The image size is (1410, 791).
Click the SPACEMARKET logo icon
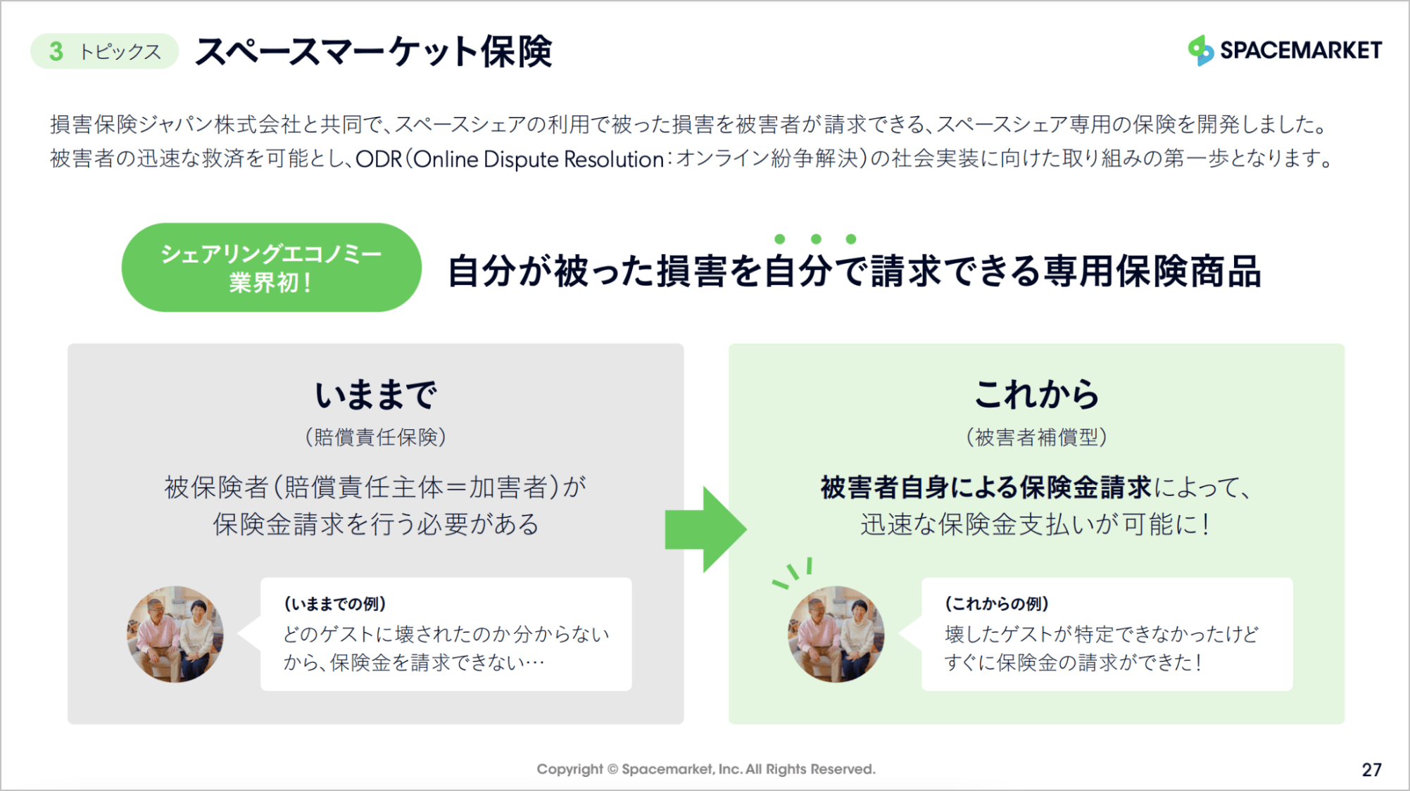[x=1200, y=50]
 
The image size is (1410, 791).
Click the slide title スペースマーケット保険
[x=373, y=51]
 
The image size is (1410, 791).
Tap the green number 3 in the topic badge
[x=56, y=51]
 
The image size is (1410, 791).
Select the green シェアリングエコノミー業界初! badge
[x=271, y=267]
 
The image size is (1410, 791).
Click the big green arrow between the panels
[x=705, y=529]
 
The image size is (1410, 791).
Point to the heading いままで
[x=375, y=394]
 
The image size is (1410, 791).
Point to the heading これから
[x=1036, y=394]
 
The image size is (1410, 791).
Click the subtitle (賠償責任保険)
[x=375, y=437]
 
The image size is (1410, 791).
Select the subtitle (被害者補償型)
[x=1036, y=437]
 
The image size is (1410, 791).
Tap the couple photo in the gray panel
[x=175, y=634]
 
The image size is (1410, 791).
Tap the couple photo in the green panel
[x=836, y=634]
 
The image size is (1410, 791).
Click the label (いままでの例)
[x=334, y=604]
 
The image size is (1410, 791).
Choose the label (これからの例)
[x=996, y=604]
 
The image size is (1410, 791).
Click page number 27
[x=1371, y=769]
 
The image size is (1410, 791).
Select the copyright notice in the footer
[x=705, y=769]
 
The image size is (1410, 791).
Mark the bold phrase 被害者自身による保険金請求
[x=986, y=487]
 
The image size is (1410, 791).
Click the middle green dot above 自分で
[x=816, y=239]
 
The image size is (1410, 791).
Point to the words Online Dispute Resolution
[x=539, y=159]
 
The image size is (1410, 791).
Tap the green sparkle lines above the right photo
[x=794, y=571]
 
